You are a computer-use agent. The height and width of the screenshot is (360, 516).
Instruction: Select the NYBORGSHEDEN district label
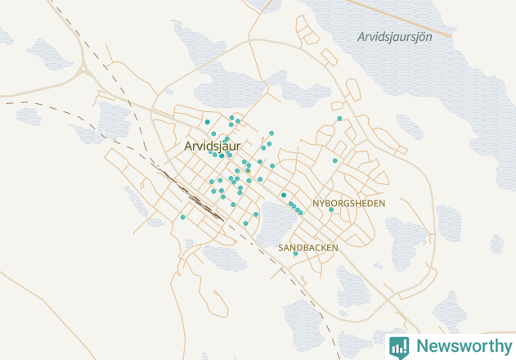pyautogui.click(x=348, y=202)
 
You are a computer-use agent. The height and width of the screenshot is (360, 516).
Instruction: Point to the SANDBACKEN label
pyautogui.click(x=307, y=246)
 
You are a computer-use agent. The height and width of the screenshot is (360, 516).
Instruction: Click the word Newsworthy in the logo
pyautogui.click(x=462, y=345)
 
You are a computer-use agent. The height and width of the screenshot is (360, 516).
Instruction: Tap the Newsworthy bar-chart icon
pyautogui.click(x=399, y=346)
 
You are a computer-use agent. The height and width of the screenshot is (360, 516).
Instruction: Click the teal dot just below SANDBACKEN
pyautogui.click(x=295, y=254)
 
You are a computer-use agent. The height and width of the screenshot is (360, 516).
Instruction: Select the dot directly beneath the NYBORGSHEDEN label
pyautogui.click(x=330, y=209)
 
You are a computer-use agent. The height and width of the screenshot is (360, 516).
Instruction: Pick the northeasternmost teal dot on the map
pyautogui.click(x=339, y=119)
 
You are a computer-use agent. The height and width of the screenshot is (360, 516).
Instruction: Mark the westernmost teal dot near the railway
pyautogui.click(x=182, y=217)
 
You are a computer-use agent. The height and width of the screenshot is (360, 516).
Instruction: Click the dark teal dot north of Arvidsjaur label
pyautogui.click(x=208, y=122)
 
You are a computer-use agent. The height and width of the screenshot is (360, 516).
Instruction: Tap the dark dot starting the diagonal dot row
pyautogui.click(x=283, y=195)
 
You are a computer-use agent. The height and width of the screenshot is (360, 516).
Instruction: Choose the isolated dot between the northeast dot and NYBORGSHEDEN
pyautogui.click(x=334, y=160)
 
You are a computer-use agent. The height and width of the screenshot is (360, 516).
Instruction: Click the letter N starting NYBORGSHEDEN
pyautogui.click(x=316, y=202)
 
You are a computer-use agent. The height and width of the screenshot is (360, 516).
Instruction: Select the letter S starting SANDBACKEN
pyautogui.click(x=281, y=247)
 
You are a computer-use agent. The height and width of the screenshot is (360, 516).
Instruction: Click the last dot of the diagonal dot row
pyautogui.click(x=301, y=213)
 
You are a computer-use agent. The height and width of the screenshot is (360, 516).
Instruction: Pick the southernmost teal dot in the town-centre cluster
pyautogui.click(x=245, y=223)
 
